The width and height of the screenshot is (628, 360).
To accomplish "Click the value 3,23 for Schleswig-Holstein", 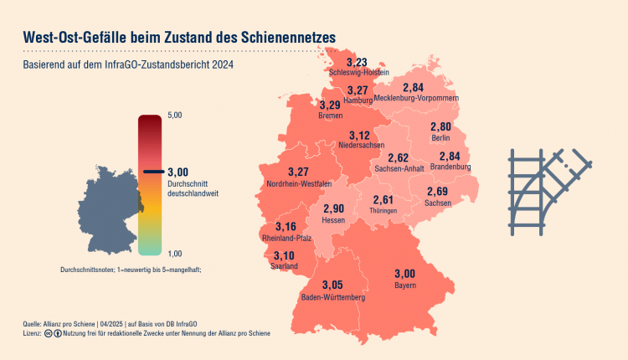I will click(x=357, y=62).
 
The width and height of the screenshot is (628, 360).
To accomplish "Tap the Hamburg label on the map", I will click(x=358, y=100).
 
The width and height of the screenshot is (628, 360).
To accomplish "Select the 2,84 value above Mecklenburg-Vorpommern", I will click(x=413, y=87).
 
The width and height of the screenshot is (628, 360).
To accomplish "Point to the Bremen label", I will click(x=331, y=116).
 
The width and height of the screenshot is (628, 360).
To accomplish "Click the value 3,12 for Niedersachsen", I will click(x=359, y=136).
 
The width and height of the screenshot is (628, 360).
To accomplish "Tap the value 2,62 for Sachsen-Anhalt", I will click(x=399, y=157).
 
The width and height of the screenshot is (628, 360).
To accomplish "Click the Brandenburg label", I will click(x=450, y=167).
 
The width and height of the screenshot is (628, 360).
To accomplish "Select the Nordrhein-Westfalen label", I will click(x=298, y=183).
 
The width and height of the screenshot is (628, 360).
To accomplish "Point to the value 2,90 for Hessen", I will click(x=333, y=208).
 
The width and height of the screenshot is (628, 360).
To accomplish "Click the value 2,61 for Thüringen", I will click(x=382, y=199).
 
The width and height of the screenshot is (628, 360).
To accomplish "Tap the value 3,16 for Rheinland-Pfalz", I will click(x=286, y=227).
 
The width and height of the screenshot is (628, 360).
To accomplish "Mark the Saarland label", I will click(x=284, y=266).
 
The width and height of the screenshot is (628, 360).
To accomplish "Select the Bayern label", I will click(x=404, y=285).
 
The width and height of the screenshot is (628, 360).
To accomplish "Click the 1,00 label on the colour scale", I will click(x=176, y=253).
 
